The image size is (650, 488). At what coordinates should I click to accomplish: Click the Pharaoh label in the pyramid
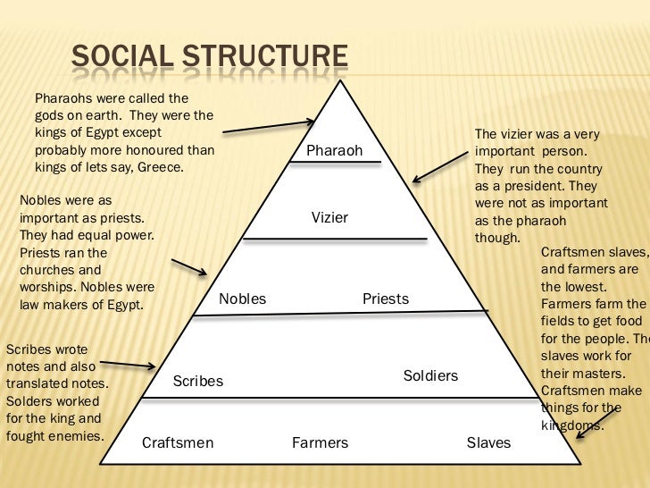click(334, 151)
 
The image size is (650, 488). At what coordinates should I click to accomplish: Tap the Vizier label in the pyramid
click(329, 218)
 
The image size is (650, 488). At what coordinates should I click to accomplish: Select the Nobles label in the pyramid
click(242, 299)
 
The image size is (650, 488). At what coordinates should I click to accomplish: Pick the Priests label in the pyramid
click(386, 299)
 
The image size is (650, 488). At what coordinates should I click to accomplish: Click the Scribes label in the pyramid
click(197, 382)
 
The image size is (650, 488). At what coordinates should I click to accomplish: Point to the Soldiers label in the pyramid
click(430, 376)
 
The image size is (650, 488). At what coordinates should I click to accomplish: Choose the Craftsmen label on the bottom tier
click(178, 443)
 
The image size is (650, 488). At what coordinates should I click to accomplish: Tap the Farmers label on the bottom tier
click(320, 443)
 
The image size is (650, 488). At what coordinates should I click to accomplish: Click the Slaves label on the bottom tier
click(488, 443)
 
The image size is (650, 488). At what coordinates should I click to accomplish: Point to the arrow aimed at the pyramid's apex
click(269, 126)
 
